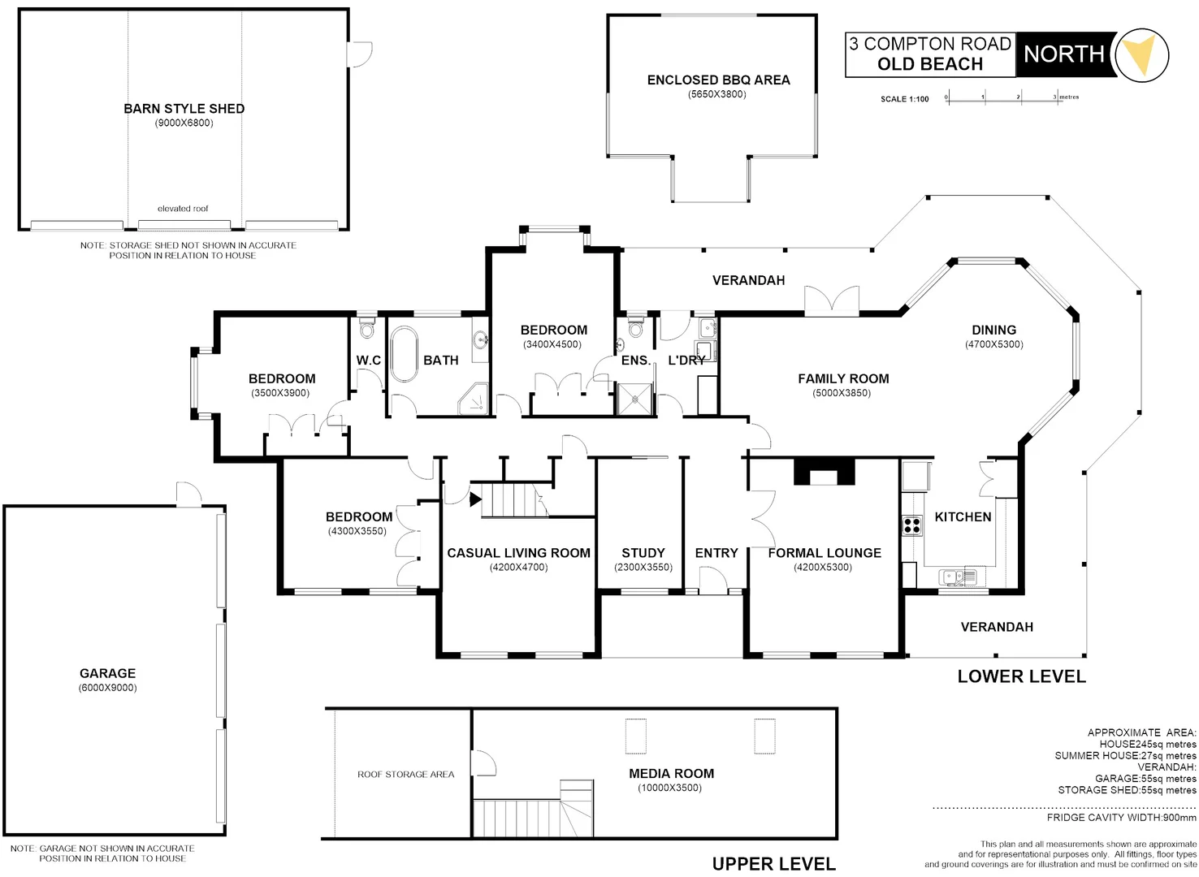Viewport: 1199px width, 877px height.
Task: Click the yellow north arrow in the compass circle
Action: (x=1141, y=54)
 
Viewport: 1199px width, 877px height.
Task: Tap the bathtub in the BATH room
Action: (x=403, y=354)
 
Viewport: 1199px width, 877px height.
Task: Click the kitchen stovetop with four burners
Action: (x=911, y=525)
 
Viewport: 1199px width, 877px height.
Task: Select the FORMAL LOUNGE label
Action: (x=825, y=553)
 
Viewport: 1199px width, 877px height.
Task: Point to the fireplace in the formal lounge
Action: (x=825, y=472)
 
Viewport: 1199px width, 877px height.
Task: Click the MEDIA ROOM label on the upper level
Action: (x=671, y=774)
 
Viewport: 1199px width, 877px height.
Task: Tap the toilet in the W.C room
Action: (x=367, y=328)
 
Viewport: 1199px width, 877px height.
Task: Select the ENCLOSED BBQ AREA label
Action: (x=718, y=80)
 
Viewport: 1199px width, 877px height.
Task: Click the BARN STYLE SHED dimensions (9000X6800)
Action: (x=184, y=123)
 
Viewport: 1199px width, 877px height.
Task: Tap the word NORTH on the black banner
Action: (x=1063, y=54)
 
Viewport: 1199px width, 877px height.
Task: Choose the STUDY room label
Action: (x=643, y=553)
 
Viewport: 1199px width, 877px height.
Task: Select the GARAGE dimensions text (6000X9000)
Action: (x=107, y=688)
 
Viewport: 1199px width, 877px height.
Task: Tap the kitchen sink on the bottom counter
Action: (x=954, y=577)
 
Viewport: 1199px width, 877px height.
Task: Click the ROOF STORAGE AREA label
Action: (x=405, y=775)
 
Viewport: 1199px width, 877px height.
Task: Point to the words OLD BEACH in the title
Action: (x=930, y=64)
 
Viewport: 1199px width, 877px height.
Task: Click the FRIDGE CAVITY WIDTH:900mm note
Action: (x=1121, y=818)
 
